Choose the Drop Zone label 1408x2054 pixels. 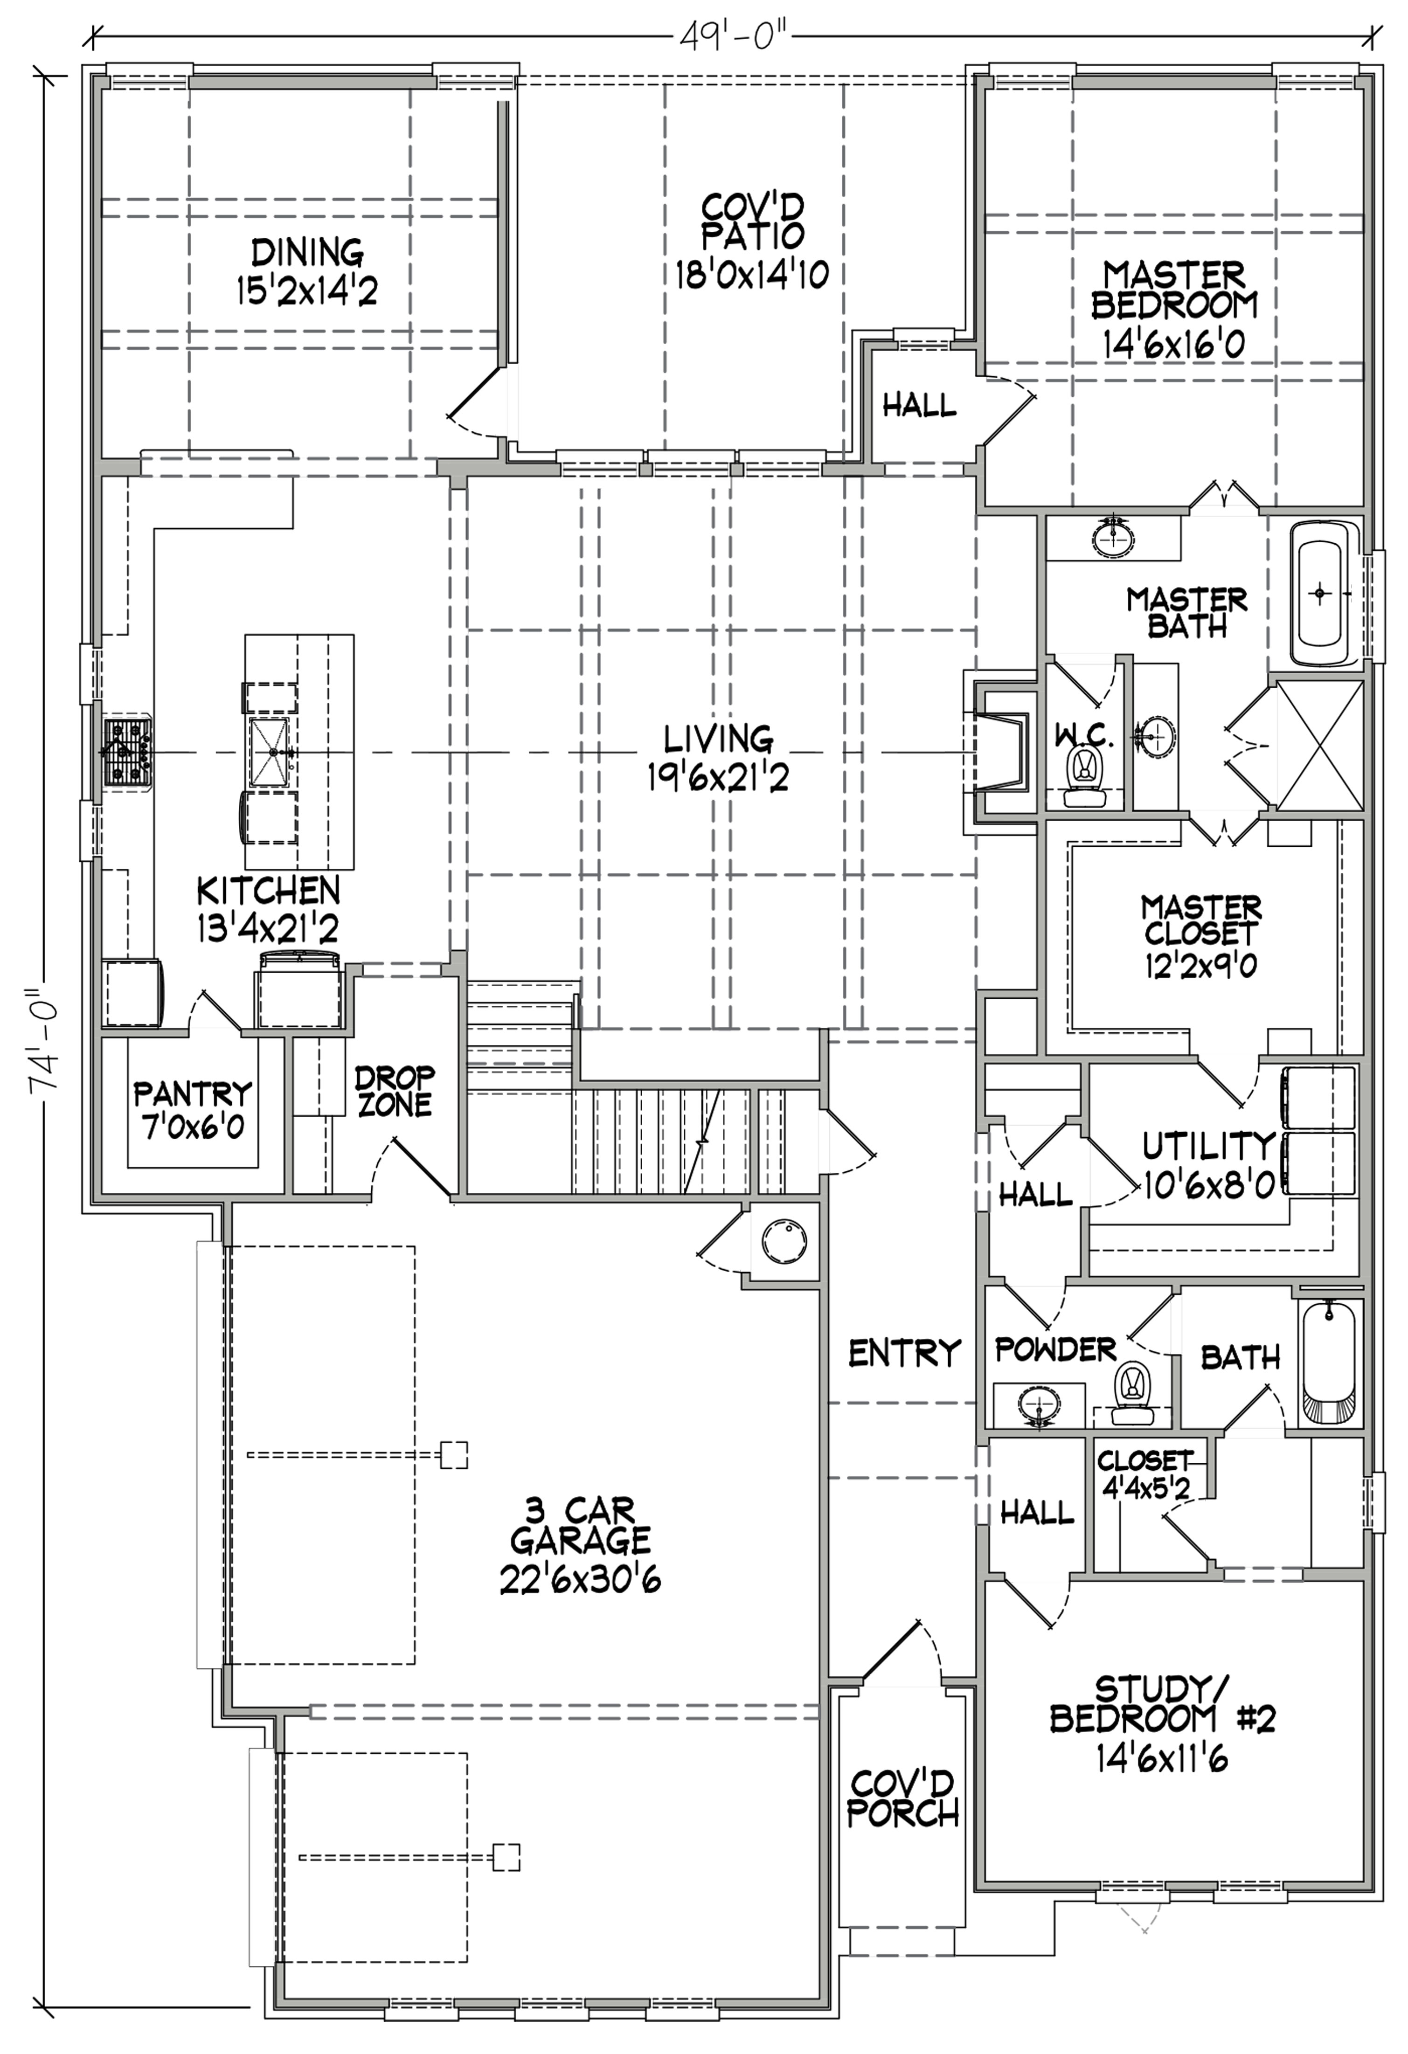(x=394, y=1091)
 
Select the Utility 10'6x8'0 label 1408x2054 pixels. (x=1208, y=1165)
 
